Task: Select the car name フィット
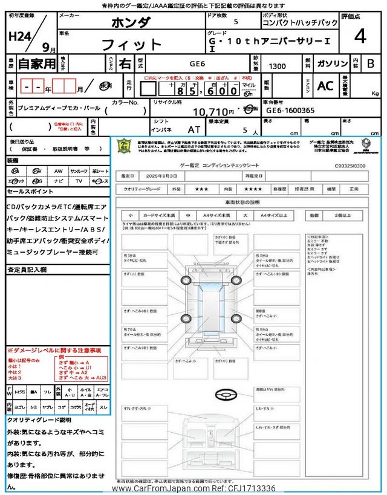(x=132, y=44)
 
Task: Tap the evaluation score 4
(x=360, y=37)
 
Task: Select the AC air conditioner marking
(x=325, y=86)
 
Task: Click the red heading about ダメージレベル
(x=54, y=351)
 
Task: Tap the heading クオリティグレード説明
(x=39, y=419)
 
